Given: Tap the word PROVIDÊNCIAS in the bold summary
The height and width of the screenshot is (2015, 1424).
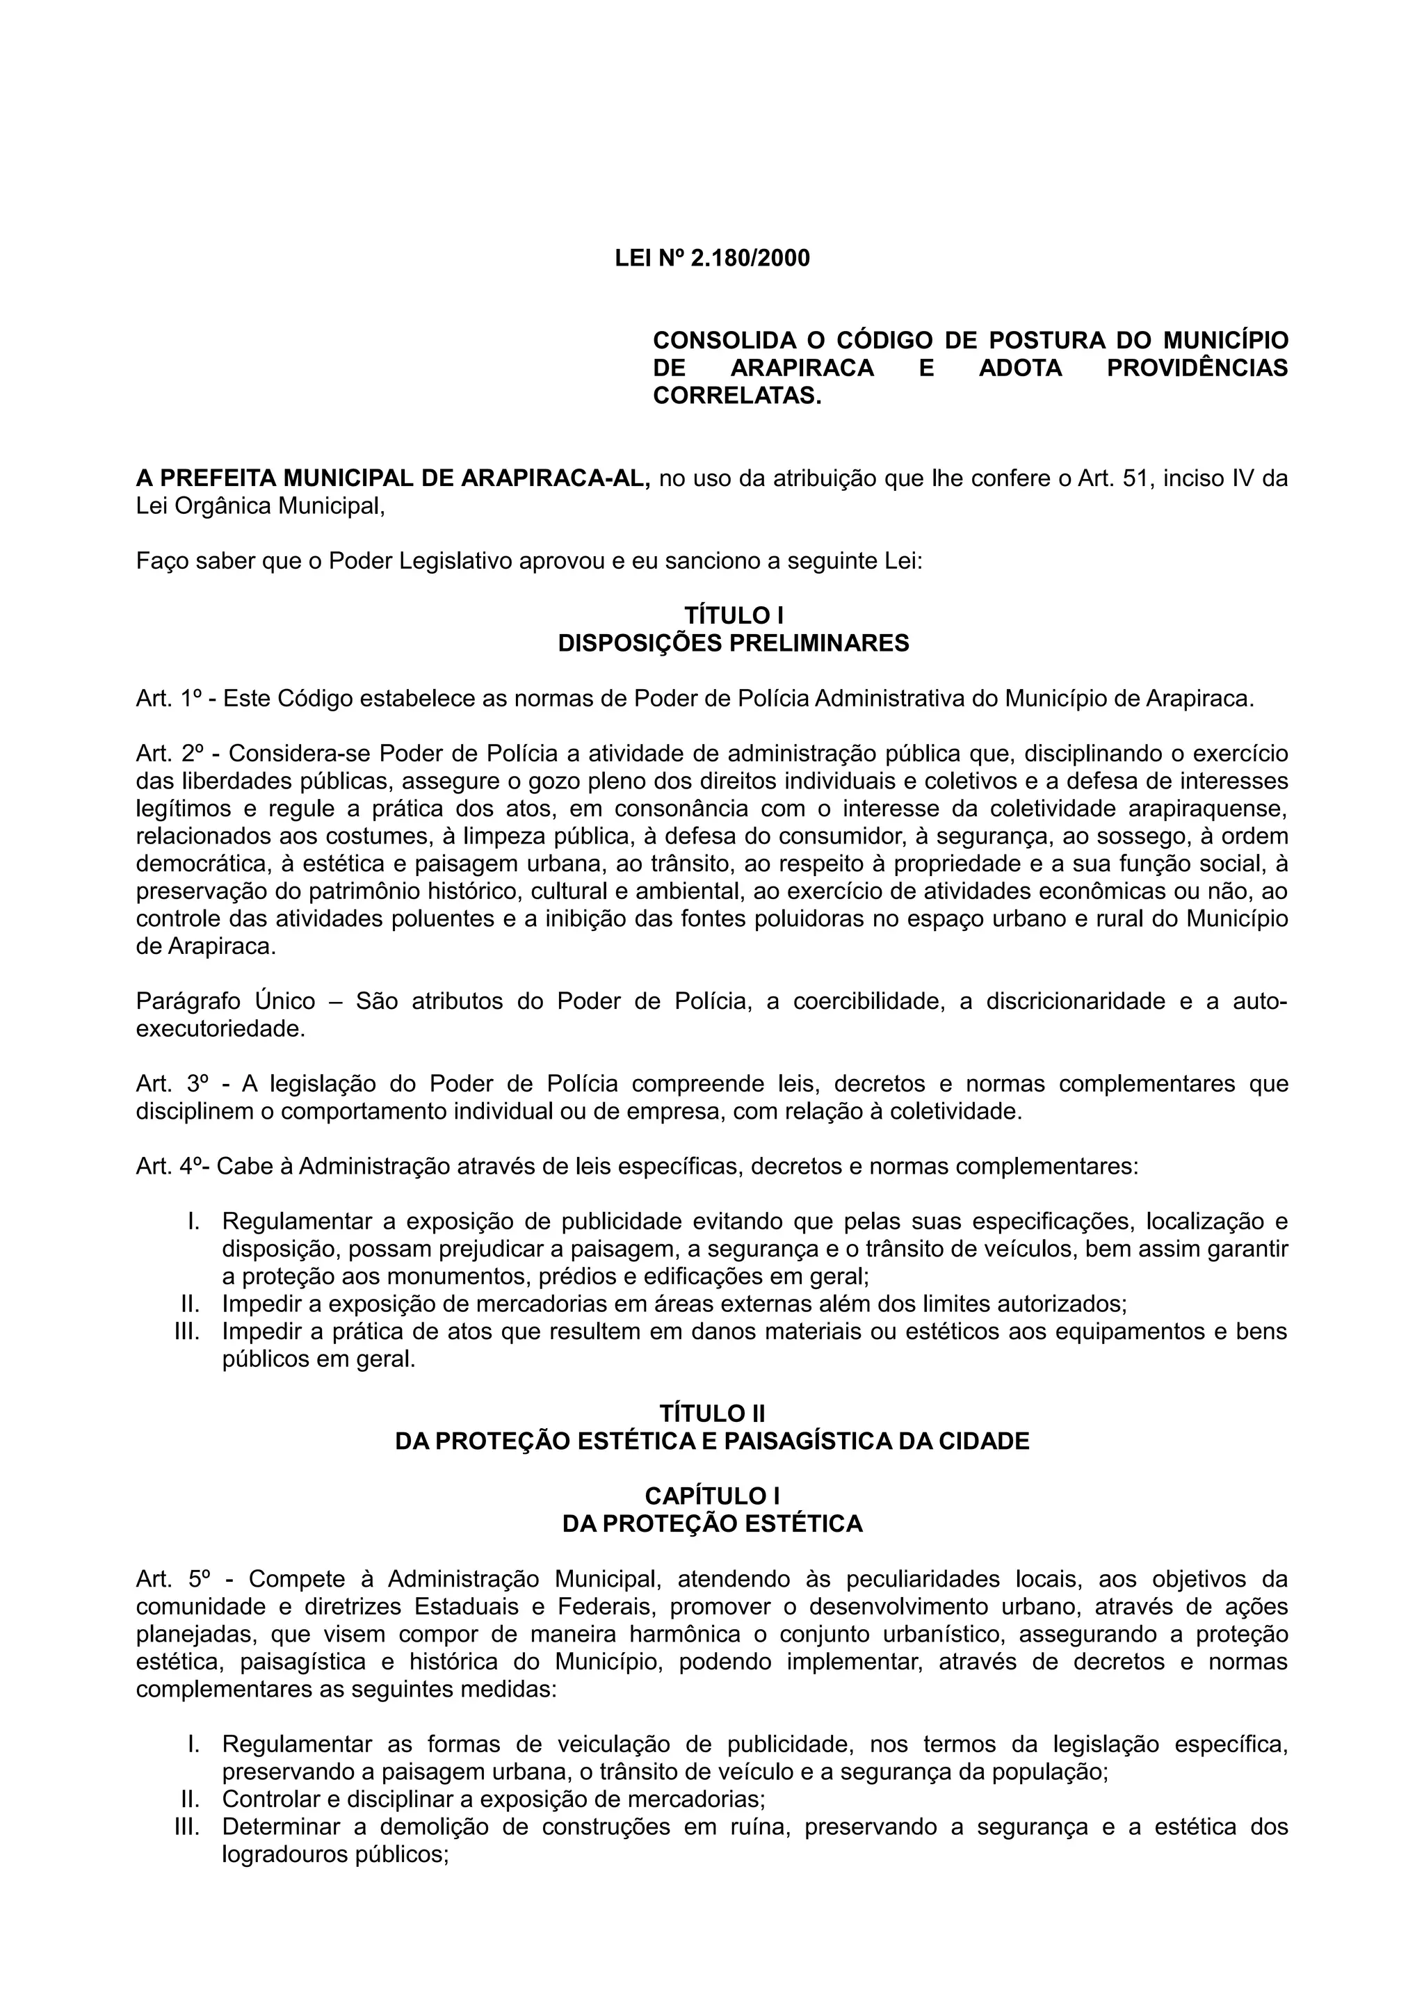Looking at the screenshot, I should (x=1197, y=368).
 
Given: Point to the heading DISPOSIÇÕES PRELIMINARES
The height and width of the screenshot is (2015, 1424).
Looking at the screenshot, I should (x=734, y=643).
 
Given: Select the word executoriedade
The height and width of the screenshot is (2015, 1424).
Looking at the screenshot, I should (x=219, y=1030).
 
